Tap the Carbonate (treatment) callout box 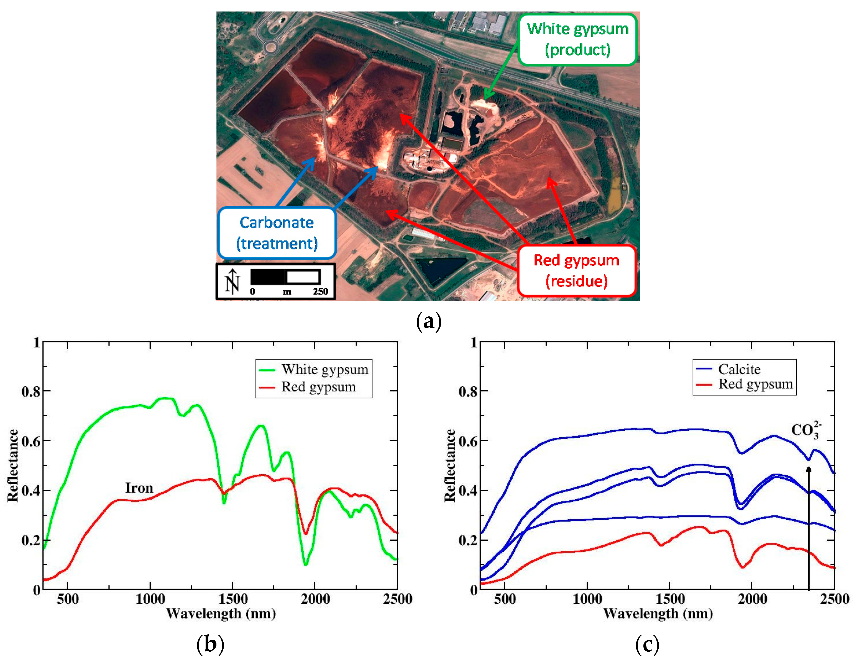277,233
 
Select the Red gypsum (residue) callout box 576,270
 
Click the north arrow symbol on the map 232,281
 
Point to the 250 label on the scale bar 320,291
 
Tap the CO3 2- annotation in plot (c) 806,430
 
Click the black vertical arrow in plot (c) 809,527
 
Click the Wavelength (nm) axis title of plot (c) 658,613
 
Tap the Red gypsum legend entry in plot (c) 755,384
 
